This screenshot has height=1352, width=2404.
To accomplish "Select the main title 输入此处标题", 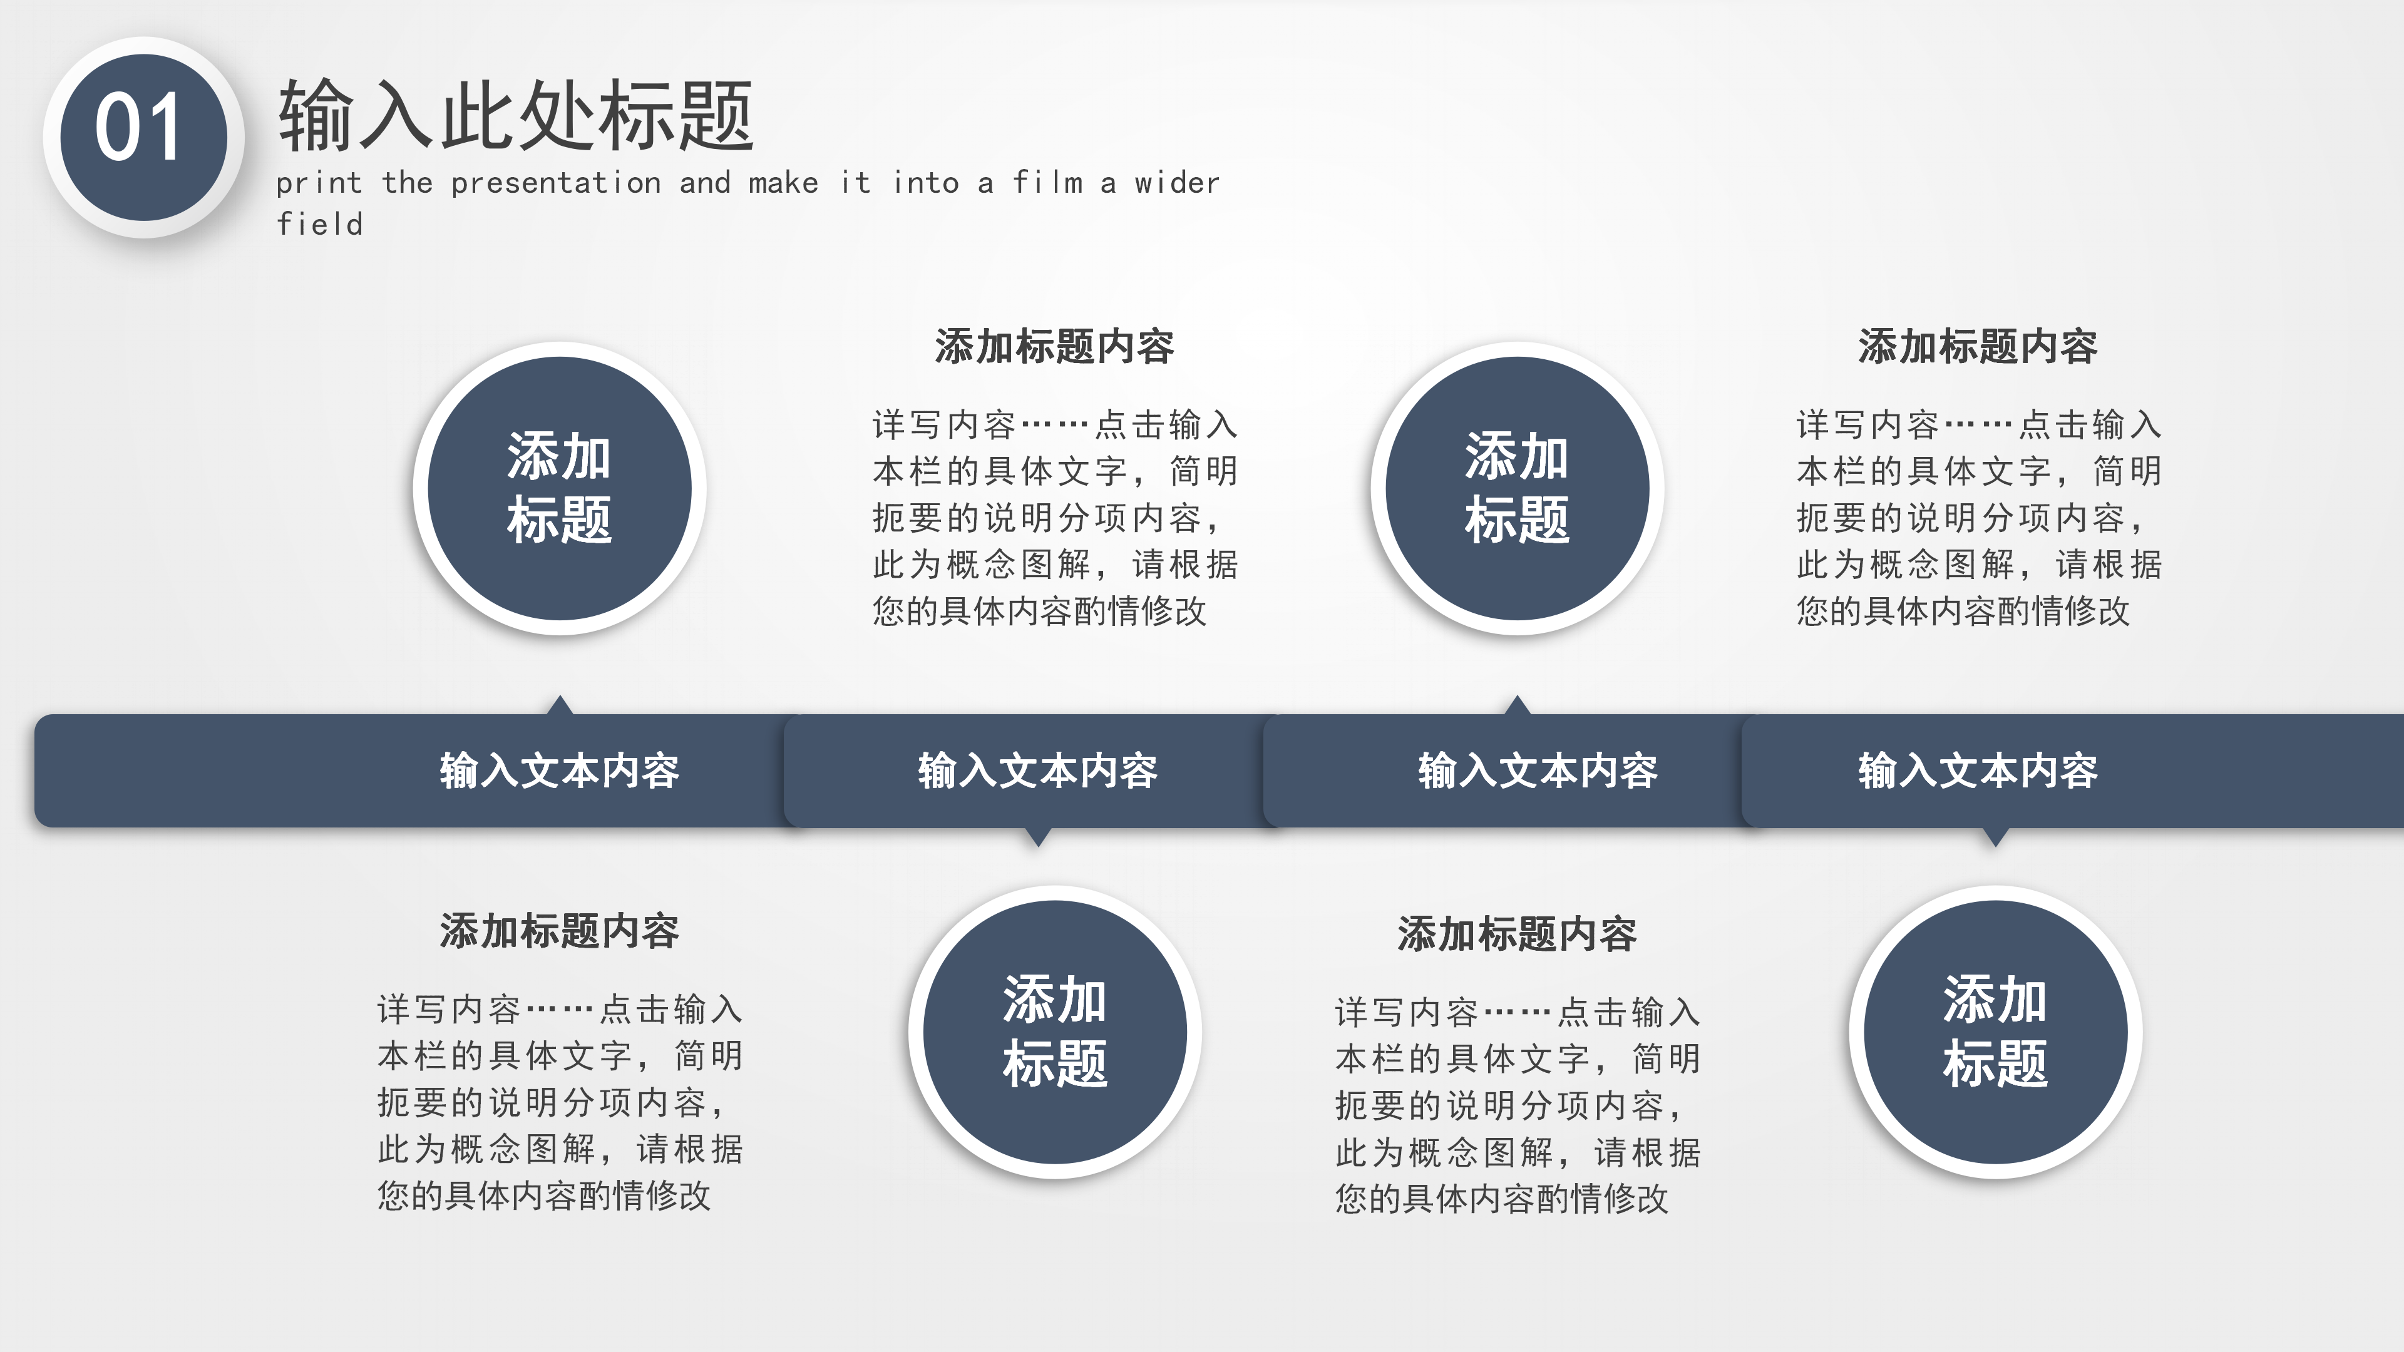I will (515, 116).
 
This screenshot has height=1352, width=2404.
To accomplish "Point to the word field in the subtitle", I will (320, 225).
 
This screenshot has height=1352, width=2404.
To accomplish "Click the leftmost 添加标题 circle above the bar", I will (559, 488).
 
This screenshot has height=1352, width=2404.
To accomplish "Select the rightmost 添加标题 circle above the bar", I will (1516, 488).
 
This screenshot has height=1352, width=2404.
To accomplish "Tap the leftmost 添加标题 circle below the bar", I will (1054, 1032).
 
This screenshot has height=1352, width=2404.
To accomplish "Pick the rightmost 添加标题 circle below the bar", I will (1995, 1032).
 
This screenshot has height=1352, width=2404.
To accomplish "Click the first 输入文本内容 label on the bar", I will (559, 771).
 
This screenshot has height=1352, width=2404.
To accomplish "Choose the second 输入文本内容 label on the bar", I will (1037, 771).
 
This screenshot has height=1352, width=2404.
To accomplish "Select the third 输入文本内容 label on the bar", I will (1537, 771).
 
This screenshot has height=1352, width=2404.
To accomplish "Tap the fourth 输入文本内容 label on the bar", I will (1978, 771).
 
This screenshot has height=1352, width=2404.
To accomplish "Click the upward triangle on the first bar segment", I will (560, 705).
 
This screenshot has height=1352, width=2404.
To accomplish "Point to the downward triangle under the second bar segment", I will (1037, 836).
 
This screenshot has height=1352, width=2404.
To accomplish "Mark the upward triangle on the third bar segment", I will (1518, 705).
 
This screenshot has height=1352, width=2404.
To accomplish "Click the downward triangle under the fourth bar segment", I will (1995, 836).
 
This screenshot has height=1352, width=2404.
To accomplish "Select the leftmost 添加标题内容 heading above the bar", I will (1054, 346).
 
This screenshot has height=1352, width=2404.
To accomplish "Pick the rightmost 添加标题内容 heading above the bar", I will (1978, 346).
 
